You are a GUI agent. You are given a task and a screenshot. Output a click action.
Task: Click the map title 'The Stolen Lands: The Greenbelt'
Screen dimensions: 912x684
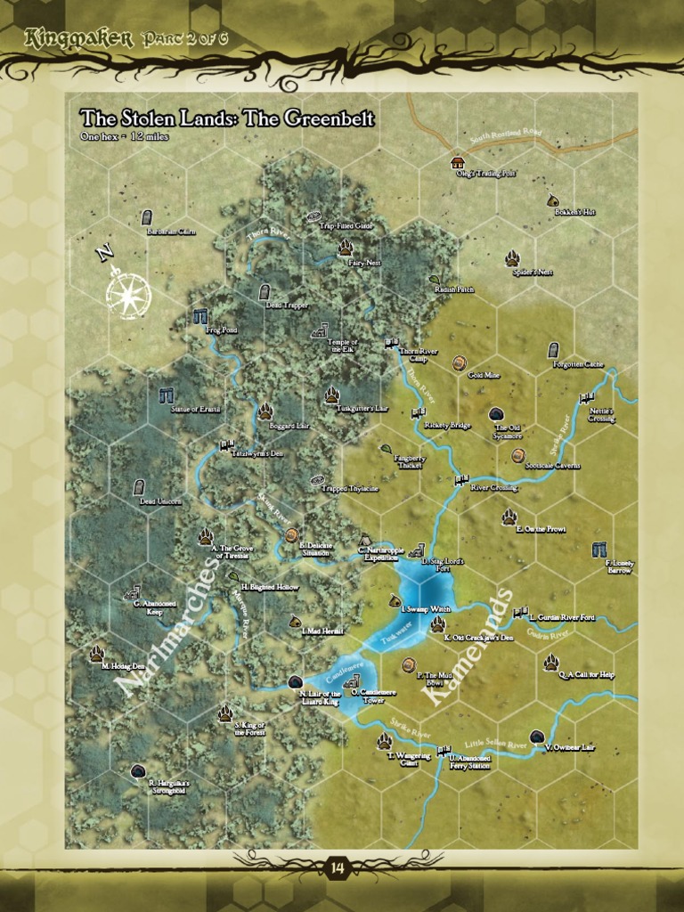(x=227, y=118)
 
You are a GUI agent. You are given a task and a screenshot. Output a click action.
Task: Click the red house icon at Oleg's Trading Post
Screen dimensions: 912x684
(x=458, y=162)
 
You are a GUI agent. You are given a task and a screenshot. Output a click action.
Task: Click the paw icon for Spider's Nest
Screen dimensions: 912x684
(x=512, y=258)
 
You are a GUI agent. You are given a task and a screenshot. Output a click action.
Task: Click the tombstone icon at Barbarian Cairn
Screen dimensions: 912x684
(x=147, y=217)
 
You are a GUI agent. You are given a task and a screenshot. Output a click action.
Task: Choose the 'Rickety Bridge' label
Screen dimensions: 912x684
(x=447, y=426)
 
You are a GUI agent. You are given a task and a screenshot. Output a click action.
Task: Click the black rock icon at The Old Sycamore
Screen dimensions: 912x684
(x=496, y=414)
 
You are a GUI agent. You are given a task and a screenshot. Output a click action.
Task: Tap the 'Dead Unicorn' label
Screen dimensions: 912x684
(x=160, y=501)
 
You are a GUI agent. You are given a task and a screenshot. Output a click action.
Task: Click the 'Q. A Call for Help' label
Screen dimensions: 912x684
(x=587, y=675)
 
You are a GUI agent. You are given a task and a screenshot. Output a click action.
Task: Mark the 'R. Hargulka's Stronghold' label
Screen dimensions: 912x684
(x=169, y=786)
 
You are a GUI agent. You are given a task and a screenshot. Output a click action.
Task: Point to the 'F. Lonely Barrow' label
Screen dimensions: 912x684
(x=619, y=566)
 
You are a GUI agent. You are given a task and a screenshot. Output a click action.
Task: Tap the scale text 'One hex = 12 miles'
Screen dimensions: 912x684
(x=124, y=136)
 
